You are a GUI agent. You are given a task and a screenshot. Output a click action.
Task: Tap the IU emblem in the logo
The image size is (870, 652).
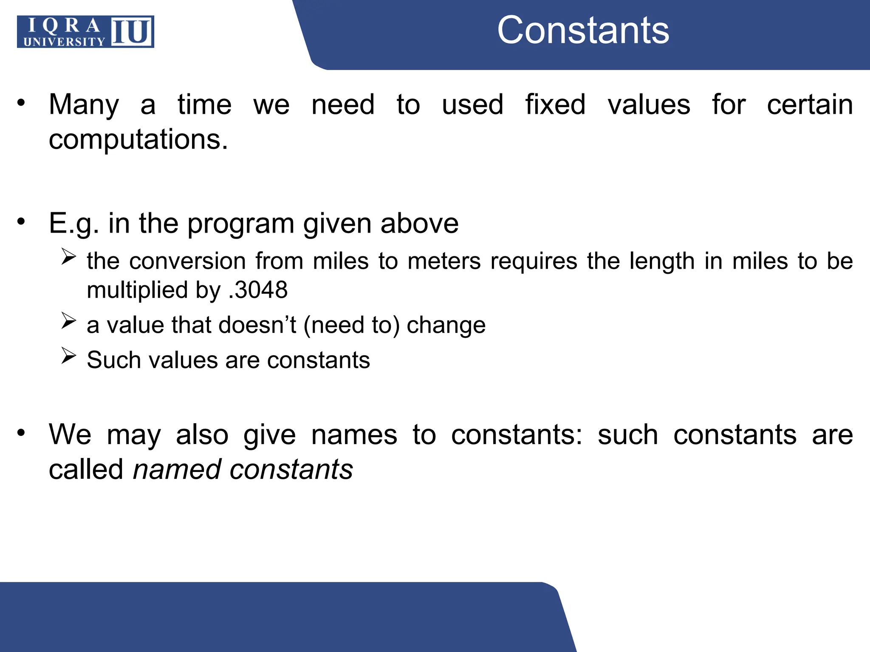132,31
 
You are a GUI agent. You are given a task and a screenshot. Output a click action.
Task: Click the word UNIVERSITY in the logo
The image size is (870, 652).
64,41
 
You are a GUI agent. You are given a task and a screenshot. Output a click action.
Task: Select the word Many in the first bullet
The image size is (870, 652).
84,104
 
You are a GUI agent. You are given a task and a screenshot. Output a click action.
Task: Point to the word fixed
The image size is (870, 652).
555,104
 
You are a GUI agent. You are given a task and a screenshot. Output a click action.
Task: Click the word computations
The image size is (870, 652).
138,139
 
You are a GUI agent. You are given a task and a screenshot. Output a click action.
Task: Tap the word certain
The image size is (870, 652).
810,104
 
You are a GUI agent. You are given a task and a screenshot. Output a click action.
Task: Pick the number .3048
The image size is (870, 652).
258,290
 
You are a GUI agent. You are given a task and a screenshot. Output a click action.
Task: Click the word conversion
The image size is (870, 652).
187,261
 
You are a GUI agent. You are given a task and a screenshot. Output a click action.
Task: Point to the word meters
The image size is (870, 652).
444,261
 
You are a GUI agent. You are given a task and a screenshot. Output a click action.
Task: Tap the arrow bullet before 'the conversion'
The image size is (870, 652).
68,256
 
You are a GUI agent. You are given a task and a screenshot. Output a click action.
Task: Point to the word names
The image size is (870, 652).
354,435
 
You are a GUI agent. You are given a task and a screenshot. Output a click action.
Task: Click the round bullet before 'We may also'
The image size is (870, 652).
21,433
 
